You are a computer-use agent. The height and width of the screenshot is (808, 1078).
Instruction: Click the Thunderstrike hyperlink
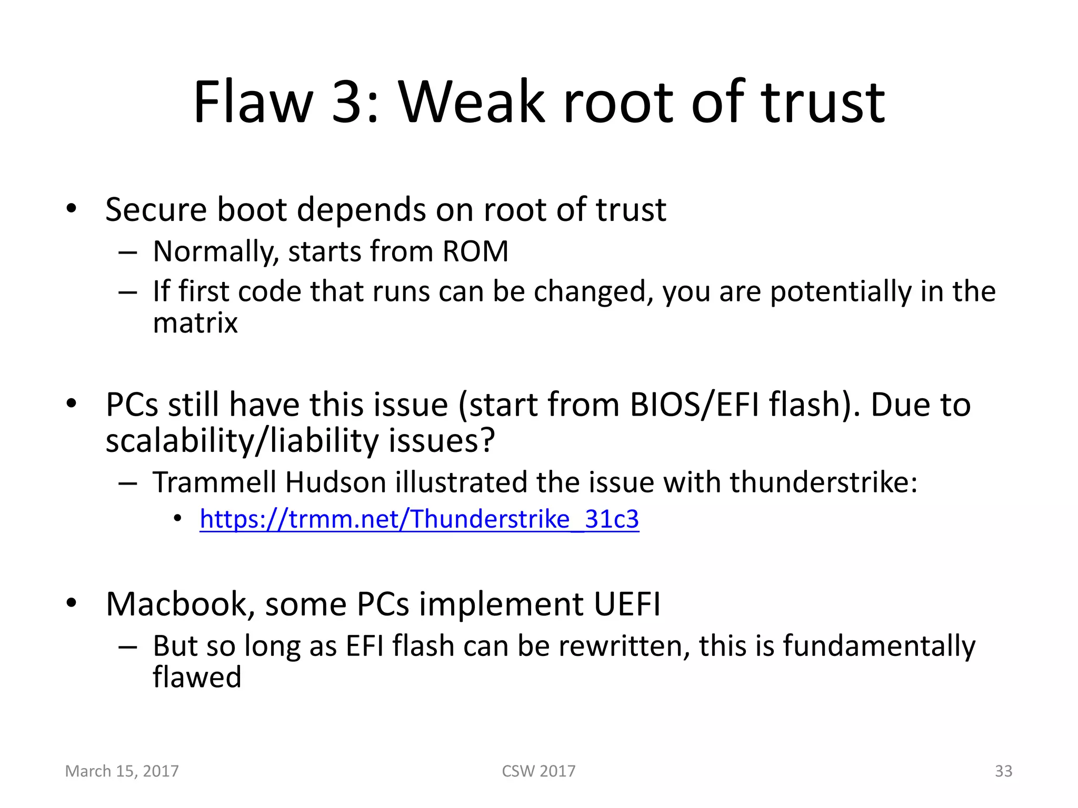click(x=419, y=519)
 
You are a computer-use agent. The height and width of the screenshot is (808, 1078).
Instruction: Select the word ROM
click(x=475, y=251)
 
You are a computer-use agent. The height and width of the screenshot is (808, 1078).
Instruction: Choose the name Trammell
click(x=214, y=482)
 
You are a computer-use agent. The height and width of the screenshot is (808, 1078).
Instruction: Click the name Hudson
click(x=336, y=482)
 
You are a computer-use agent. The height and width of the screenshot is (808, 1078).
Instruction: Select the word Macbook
click(x=176, y=604)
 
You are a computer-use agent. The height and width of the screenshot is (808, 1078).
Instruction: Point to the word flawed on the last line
click(x=197, y=677)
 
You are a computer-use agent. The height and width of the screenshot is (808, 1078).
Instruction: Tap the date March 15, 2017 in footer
click(x=122, y=771)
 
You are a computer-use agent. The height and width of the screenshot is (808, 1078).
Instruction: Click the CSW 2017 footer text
click(x=538, y=771)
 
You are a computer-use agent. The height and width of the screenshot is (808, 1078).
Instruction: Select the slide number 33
click(x=1003, y=771)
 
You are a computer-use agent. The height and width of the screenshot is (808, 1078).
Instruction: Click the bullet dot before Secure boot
click(x=72, y=209)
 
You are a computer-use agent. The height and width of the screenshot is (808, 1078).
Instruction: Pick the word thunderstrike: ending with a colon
click(x=823, y=482)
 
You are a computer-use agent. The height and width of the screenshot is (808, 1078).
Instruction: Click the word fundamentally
click(x=879, y=646)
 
